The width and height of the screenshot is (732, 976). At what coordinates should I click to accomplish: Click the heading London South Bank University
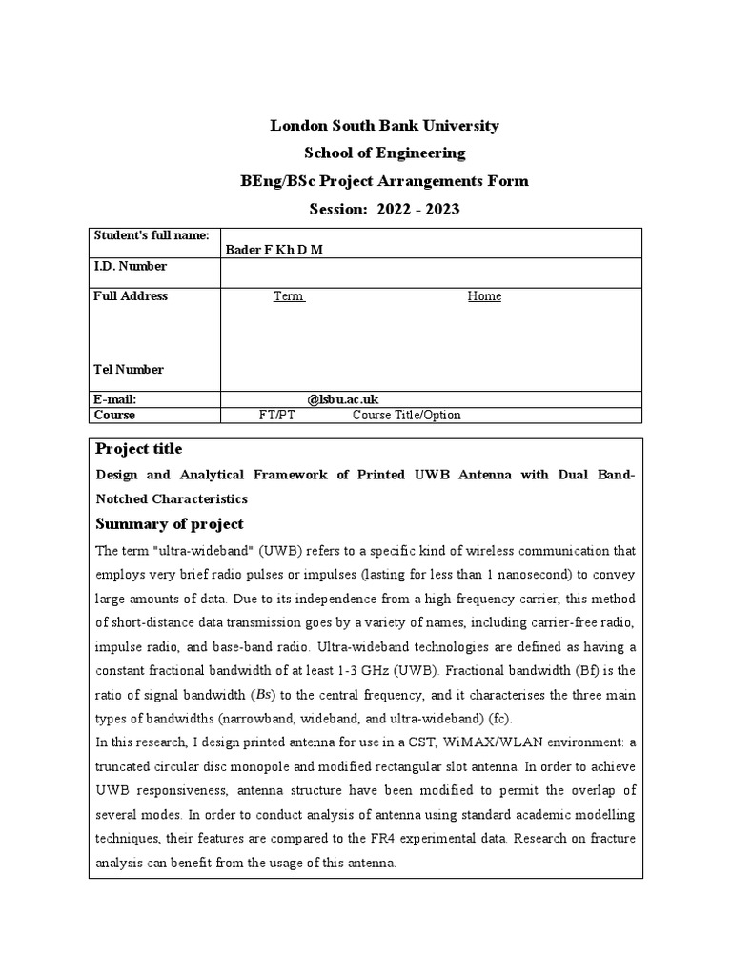tap(384, 126)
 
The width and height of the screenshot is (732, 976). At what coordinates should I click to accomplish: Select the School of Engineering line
tap(384, 152)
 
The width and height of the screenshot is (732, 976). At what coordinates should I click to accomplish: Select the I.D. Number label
tap(130, 266)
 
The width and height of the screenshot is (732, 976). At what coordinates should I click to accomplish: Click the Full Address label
tap(131, 295)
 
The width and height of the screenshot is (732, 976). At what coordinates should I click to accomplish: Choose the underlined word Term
tap(289, 295)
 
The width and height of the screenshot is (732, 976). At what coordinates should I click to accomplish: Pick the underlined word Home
tap(484, 295)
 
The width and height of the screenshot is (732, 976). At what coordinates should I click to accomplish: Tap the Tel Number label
tap(129, 369)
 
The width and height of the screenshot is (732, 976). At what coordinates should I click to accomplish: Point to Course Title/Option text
tap(407, 415)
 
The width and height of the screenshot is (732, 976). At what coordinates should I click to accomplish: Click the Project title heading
tap(138, 449)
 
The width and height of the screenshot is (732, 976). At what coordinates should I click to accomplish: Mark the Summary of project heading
tap(170, 524)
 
